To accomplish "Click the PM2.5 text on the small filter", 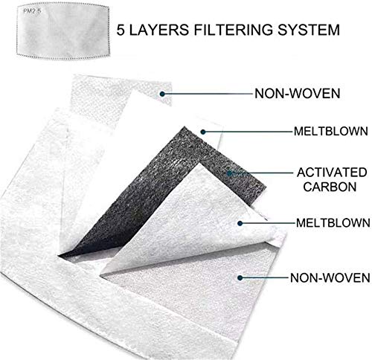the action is point(32,11).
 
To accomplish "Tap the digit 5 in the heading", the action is point(121,30).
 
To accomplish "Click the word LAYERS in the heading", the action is point(159,30).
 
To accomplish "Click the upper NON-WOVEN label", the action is point(298,94).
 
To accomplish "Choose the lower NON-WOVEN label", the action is point(330,277).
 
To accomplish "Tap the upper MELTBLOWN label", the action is point(331,131).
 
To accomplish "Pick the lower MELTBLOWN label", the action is point(333,223).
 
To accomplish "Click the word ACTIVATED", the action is point(332,173).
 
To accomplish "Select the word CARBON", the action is point(330,187).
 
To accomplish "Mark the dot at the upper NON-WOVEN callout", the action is point(162,94).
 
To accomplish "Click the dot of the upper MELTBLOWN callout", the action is point(203,132).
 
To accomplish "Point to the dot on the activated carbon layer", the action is point(229,173).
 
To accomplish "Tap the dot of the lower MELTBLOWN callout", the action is point(240,223).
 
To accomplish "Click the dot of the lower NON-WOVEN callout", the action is point(240,278).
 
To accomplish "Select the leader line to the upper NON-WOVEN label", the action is point(208,94).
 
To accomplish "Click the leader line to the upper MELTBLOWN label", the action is point(248,132).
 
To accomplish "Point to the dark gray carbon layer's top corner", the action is point(185,127).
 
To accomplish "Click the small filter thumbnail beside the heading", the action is point(63,30).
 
